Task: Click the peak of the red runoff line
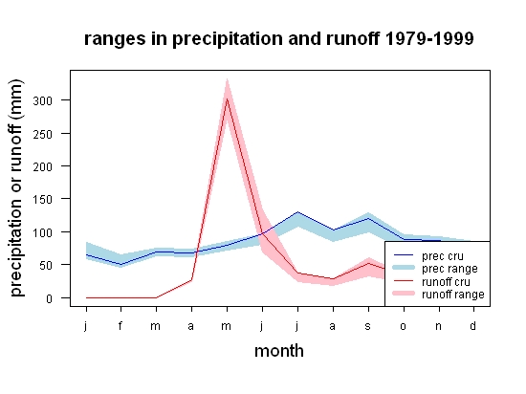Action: [227, 98]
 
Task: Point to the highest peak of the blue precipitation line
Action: [297, 212]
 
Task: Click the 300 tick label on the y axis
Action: [43, 100]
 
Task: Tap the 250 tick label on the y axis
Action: [43, 134]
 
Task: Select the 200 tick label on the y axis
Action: [43, 166]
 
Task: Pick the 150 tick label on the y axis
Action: [43, 200]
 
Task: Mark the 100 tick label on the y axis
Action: [43, 232]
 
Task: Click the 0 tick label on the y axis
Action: [49, 298]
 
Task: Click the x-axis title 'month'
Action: [279, 351]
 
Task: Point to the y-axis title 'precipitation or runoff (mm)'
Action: [16, 188]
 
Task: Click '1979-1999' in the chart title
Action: [429, 38]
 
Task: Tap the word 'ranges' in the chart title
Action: [115, 39]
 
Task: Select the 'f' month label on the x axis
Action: [121, 325]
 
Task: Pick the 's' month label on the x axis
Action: [367, 326]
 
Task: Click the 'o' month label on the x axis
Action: [403, 326]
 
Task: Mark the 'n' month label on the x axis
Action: [438, 326]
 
